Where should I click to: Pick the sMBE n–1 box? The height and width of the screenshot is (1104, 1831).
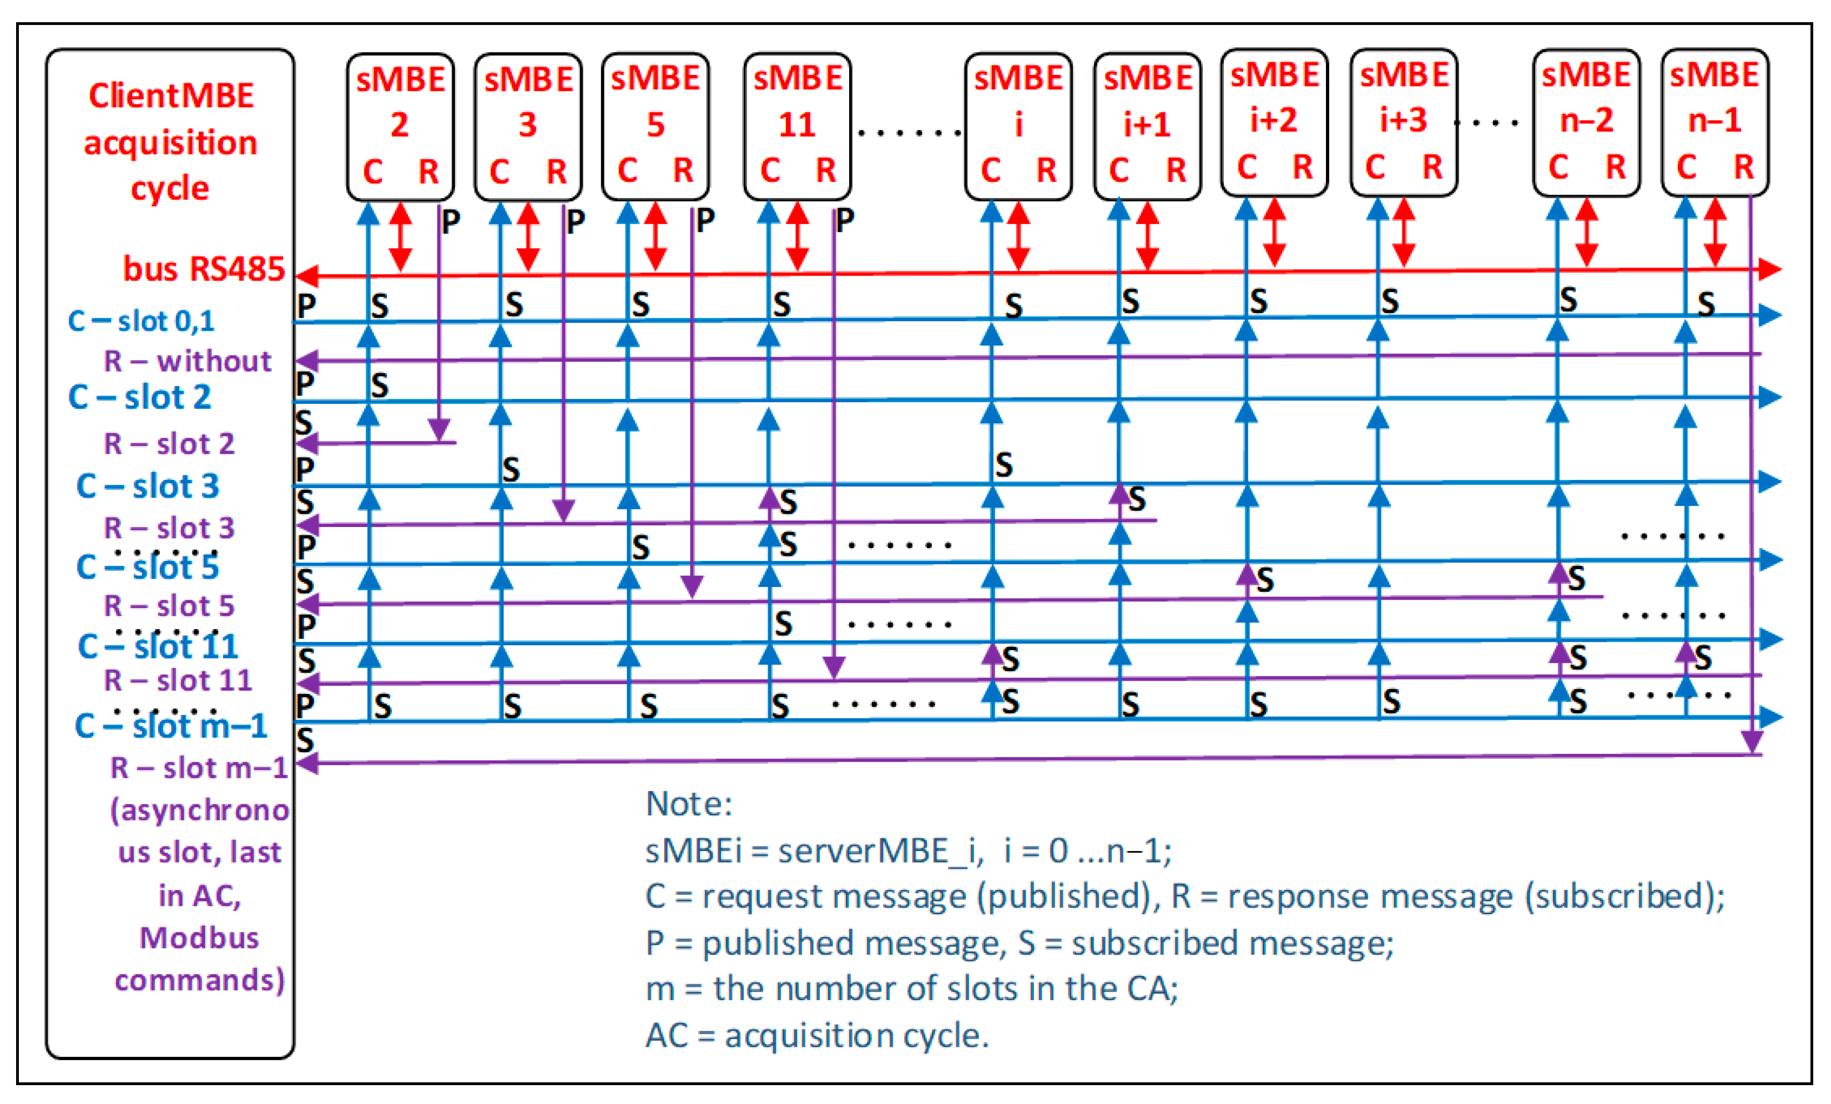[1714, 123]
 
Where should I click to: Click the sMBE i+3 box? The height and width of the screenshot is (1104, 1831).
[1403, 123]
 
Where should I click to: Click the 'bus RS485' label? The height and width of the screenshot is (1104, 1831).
[204, 269]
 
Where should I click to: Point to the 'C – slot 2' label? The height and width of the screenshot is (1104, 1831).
[140, 397]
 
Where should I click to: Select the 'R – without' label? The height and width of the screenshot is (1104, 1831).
[187, 361]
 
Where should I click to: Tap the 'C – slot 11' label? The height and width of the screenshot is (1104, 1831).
[158, 646]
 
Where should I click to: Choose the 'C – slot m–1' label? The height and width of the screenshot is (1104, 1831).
[171, 726]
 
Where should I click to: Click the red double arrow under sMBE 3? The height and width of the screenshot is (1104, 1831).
[528, 236]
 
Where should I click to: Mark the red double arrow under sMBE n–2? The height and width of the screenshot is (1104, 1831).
[1587, 232]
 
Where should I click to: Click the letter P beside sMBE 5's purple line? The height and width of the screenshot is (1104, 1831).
[704, 220]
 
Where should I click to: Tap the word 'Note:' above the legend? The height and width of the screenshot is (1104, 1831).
[689, 804]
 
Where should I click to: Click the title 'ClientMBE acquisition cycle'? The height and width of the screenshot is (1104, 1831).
[170, 141]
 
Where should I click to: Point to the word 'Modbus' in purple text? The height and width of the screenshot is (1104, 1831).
[199, 938]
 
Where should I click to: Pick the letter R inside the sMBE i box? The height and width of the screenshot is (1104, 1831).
[1046, 171]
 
